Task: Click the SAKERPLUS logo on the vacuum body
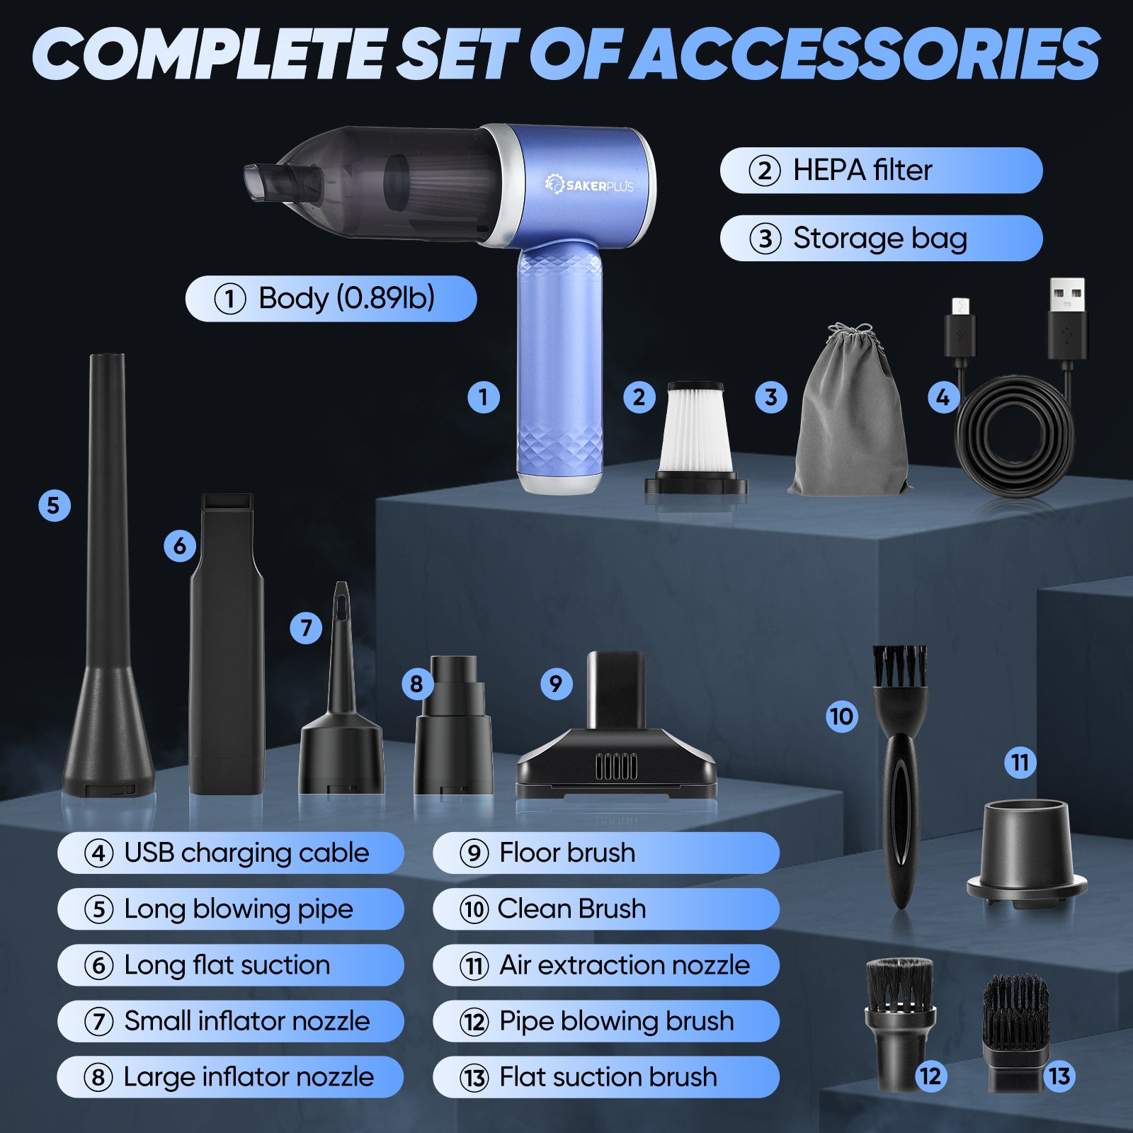[x=589, y=185]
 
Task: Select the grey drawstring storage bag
[x=850, y=411]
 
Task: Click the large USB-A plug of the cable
[x=1067, y=319]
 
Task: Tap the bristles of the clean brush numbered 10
[x=899, y=666]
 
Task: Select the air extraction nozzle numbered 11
[x=1026, y=853]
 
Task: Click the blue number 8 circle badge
[x=416, y=683]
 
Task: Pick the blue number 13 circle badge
[x=1059, y=1076]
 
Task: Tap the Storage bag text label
[x=879, y=239]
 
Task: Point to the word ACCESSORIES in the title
[x=864, y=55]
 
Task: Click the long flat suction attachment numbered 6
[x=227, y=644]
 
